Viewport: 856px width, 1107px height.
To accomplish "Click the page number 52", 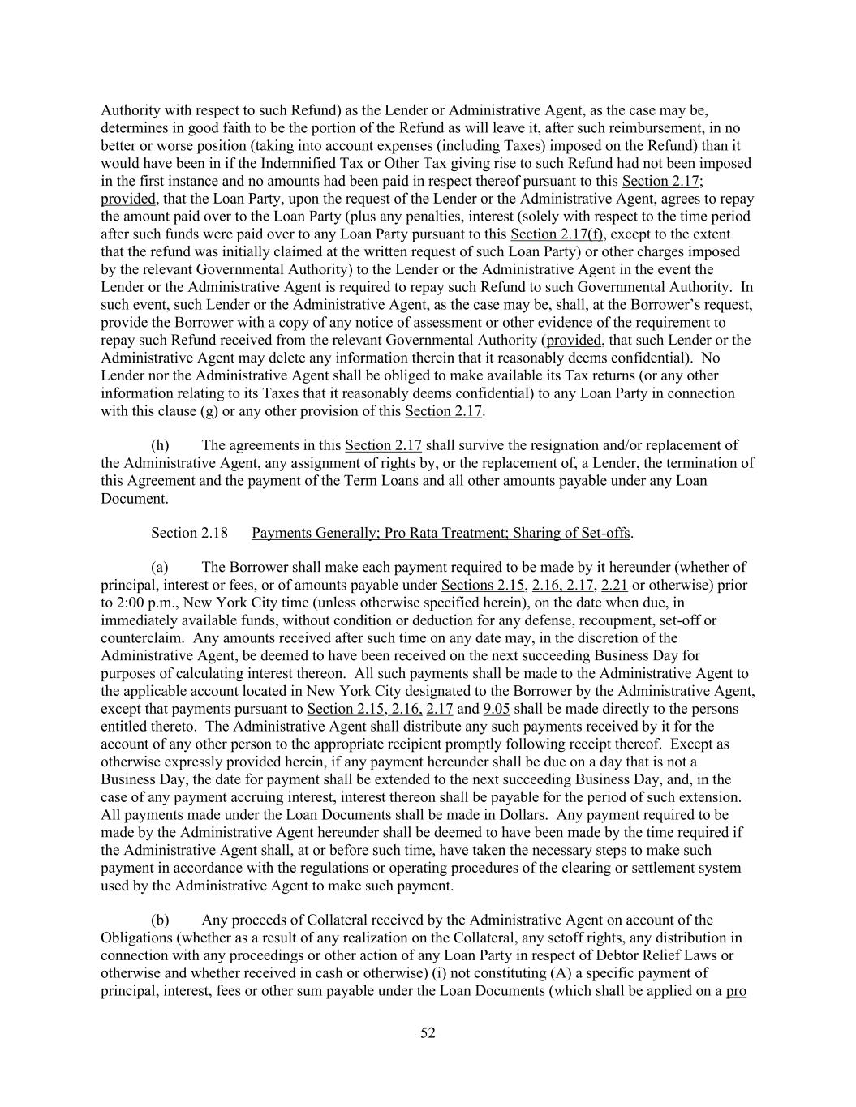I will click(x=428, y=1032).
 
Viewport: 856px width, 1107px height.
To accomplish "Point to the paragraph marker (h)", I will click(x=160, y=444).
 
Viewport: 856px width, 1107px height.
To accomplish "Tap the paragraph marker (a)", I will click(x=160, y=567).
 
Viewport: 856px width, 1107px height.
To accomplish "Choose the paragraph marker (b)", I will click(x=160, y=920).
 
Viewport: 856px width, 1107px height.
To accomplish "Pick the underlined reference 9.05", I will click(x=497, y=709).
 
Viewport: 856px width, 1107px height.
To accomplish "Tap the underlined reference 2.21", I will click(x=614, y=585).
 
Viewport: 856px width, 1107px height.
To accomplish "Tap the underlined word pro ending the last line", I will click(x=736, y=990).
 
